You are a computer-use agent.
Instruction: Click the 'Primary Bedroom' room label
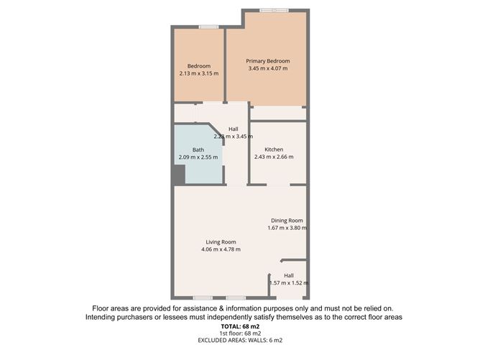tap(267, 61)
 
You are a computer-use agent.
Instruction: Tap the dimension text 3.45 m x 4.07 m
tap(267, 69)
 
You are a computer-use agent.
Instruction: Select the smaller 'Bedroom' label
tap(199, 66)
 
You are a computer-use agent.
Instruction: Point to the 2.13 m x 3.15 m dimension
tap(199, 73)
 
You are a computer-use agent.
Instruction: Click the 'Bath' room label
tap(198, 149)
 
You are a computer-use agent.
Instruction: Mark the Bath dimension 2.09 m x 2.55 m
tap(198, 157)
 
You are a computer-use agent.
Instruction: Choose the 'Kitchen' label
tap(274, 149)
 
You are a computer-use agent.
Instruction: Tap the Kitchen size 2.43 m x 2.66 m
tap(274, 157)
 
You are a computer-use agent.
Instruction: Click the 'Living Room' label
tap(221, 242)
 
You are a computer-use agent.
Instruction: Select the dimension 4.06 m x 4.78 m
tap(221, 249)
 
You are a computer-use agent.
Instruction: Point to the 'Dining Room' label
tap(287, 221)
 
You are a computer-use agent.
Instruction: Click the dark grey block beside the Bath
tap(179, 174)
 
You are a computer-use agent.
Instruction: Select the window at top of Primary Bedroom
tap(274, 10)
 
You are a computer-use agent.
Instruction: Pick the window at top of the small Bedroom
tap(209, 27)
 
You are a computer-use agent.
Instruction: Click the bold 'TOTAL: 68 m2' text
tap(240, 326)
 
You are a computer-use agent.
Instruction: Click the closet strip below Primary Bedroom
tap(278, 113)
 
